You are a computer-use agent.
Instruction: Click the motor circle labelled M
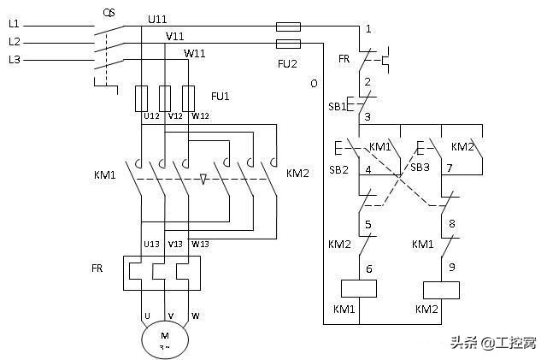tap(166, 340)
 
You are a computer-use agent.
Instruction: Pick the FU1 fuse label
tap(221, 96)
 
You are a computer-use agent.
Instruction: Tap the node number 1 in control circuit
tap(368, 29)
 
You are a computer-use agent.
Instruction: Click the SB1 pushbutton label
tap(338, 107)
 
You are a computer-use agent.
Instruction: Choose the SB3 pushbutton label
tap(420, 168)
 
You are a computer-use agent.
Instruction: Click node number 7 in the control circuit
tap(449, 168)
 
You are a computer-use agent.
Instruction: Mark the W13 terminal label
tap(200, 244)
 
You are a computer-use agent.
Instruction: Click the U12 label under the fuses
tap(151, 116)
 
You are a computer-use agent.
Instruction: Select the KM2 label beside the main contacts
tap(297, 174)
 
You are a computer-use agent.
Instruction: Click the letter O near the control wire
tap(314, 84)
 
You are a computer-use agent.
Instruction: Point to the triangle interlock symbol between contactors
tap(203, 180)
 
